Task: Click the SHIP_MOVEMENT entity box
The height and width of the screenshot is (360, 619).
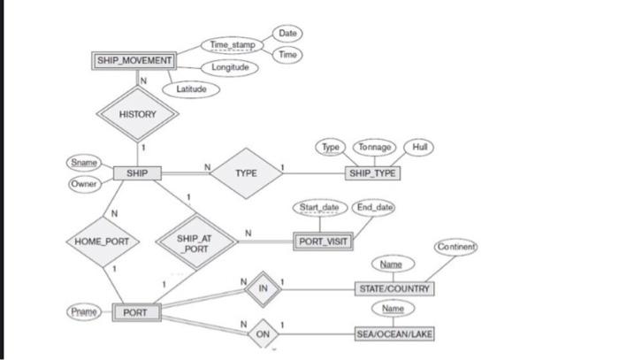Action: point(134,60)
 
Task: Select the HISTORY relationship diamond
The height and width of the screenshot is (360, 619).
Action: point(137,114)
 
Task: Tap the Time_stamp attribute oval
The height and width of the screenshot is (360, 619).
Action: point(232,44)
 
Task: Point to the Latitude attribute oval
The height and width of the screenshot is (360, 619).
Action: point(191,88)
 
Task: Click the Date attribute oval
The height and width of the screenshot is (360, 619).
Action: point(287,33)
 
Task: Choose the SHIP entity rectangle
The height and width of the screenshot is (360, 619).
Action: point(137,173)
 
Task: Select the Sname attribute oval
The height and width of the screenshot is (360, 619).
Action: point(82,162)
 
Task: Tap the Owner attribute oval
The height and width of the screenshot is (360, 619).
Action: point(82,184)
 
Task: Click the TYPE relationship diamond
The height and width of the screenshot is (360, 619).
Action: point(247,173)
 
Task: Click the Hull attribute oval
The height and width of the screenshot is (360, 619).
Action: point(419,147)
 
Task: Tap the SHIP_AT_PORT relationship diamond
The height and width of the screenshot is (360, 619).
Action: point(194,241)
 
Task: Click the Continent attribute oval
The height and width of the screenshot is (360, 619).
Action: point(456,246)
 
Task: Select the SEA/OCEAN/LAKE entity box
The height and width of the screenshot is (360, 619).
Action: point(394,335)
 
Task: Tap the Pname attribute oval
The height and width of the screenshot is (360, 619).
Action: point(84,312)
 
